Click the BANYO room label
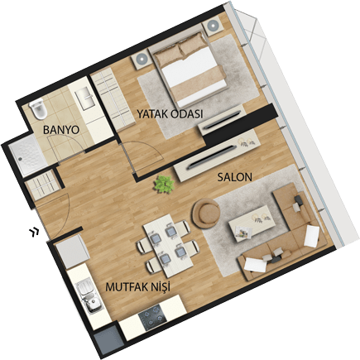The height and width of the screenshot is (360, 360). click(x=61, y=130)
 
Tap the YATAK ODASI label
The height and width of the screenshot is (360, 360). click(x=170, y=114)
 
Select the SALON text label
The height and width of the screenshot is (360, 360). click(x=235, y=177)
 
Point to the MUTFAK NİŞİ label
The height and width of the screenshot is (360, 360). click(x=137, y=287)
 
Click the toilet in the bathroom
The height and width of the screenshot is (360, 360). click(x=38, y=110)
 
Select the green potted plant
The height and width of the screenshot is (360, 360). click(x=164, y=184)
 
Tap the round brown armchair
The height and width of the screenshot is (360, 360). click(x=206, y=214)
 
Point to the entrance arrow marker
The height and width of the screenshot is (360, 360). click(x=34, y=232)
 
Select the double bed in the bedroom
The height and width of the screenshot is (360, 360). click(x=191, y=70)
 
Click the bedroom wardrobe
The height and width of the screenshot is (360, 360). click(x=113, y=98)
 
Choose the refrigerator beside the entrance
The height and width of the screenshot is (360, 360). click(x=72, y=252)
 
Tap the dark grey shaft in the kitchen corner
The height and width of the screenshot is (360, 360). click(x=109, y=341)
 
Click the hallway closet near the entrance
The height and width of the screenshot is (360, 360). click(x=43, y=185)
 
